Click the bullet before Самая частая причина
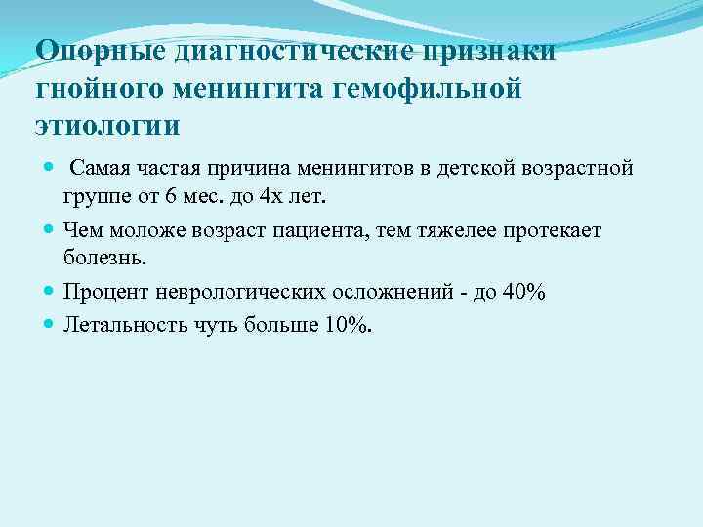click(x=51, y=169)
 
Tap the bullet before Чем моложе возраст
click(x=51, y=230)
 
